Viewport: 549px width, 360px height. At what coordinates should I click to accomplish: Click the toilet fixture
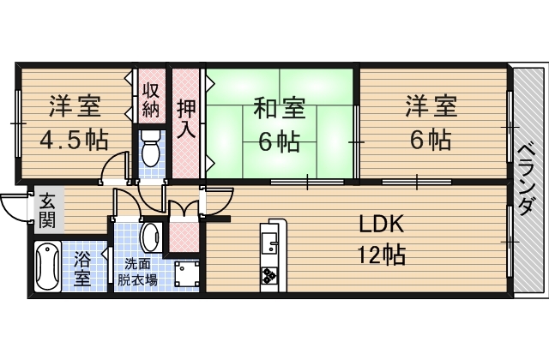pyautogui.click(x=151, y=149)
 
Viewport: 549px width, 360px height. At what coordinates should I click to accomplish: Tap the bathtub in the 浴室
pyautogui.click(x=48, y=267)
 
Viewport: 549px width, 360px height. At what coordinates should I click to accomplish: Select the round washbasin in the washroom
pyautogui.click(x=151, y=237)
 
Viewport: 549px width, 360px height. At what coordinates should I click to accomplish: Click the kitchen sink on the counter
pyautogui.click(x=269, y=243)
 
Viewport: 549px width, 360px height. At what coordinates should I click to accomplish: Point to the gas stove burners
pyautogui.click(x=269, y=275)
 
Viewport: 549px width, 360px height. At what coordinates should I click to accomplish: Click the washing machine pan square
pyautogui.click(x=187, y=274)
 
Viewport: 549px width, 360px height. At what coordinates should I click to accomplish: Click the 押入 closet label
pyautogui.click(x=186, y=119)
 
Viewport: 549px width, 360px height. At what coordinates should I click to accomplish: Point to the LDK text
pyautogui.click(x=382, y=225)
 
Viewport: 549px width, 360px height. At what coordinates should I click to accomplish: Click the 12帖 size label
pyautogui.click(x=381, y=255)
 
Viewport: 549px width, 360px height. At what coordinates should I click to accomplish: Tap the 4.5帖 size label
pyautogui.click(x=74, y=141)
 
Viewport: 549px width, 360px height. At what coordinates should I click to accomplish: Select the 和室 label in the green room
pyautogui.click(x=280, y=108)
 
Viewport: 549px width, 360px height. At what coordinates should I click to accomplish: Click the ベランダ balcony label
pyautogui.click(x=526, y=179)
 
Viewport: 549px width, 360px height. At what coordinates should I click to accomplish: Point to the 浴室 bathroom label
pyautogui.click(x=82, y=268)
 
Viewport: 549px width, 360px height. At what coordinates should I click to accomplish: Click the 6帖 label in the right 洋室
pyautogui.click(x=431, y=140)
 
